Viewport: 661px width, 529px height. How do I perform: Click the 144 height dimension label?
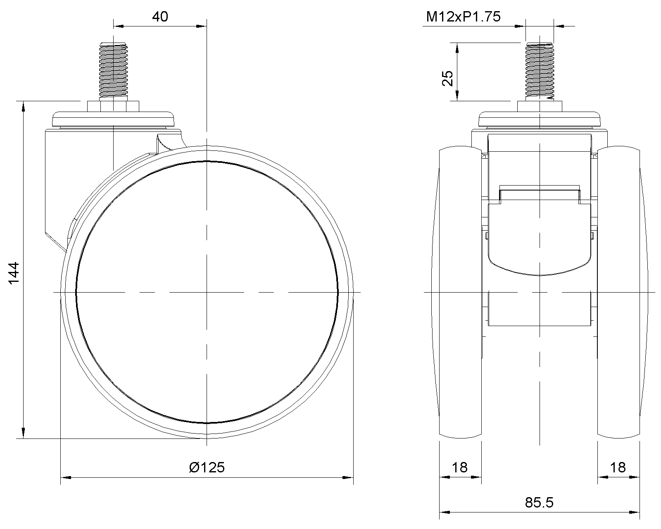14,273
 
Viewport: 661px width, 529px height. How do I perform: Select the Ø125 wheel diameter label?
207,467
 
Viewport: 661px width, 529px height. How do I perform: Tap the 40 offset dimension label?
160,17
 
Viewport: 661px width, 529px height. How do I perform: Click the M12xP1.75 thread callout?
463,17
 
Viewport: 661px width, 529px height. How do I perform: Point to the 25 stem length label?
447,79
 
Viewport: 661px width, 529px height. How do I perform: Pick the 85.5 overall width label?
539,503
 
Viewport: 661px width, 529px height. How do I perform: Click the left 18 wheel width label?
460,467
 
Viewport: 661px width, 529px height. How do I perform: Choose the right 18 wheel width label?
618,467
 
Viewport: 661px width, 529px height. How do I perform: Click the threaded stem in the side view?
113,70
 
